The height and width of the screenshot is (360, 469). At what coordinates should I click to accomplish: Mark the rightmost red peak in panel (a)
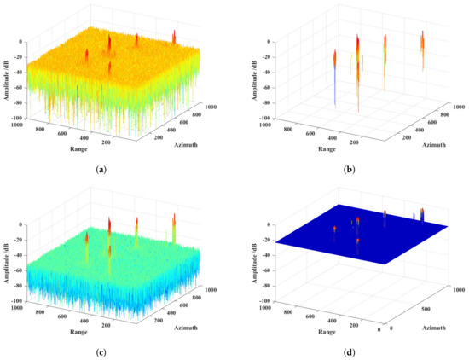coord(174,36)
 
